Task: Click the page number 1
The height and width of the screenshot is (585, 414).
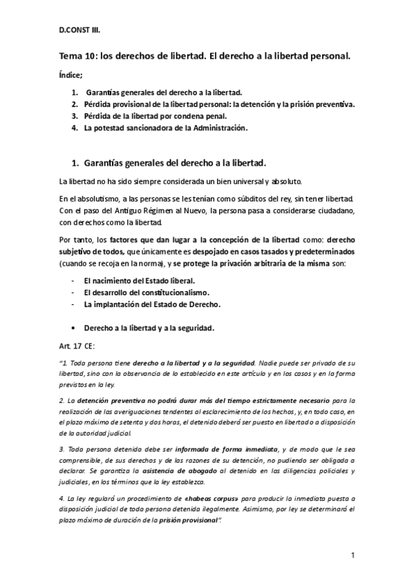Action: (x=352, y=555)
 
